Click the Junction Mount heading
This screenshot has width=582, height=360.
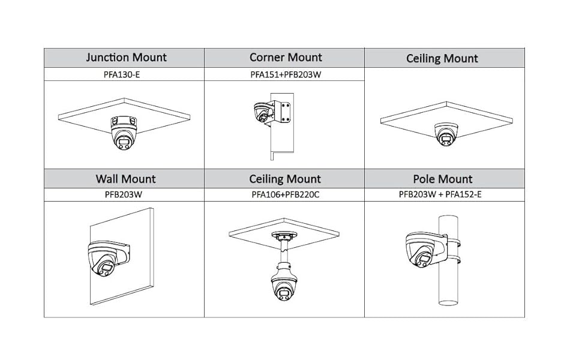pos(126,58)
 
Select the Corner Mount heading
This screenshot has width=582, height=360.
pos(286,58)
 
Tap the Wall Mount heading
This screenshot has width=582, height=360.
pos(125,179)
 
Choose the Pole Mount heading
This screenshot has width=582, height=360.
pos(443,179)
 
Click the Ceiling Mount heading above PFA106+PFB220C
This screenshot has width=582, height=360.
pos(285,179)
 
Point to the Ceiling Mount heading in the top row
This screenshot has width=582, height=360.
pos(442,59)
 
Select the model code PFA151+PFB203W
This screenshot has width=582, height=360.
pos(285,75)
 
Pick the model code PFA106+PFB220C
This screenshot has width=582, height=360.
pos(285,195)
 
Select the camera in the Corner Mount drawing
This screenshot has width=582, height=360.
pos(262,113)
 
